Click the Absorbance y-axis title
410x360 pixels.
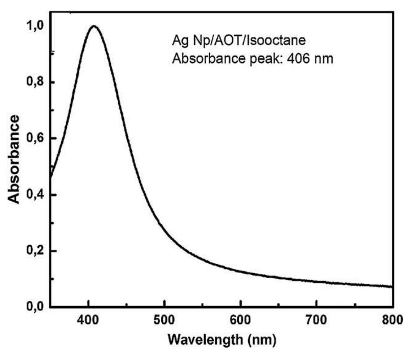click(x=15, y=159)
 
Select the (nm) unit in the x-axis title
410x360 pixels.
click(x=262, y=339)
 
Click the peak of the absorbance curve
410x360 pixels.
click(x=94, y=26)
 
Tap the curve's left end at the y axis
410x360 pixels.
click(x=51, y=176)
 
